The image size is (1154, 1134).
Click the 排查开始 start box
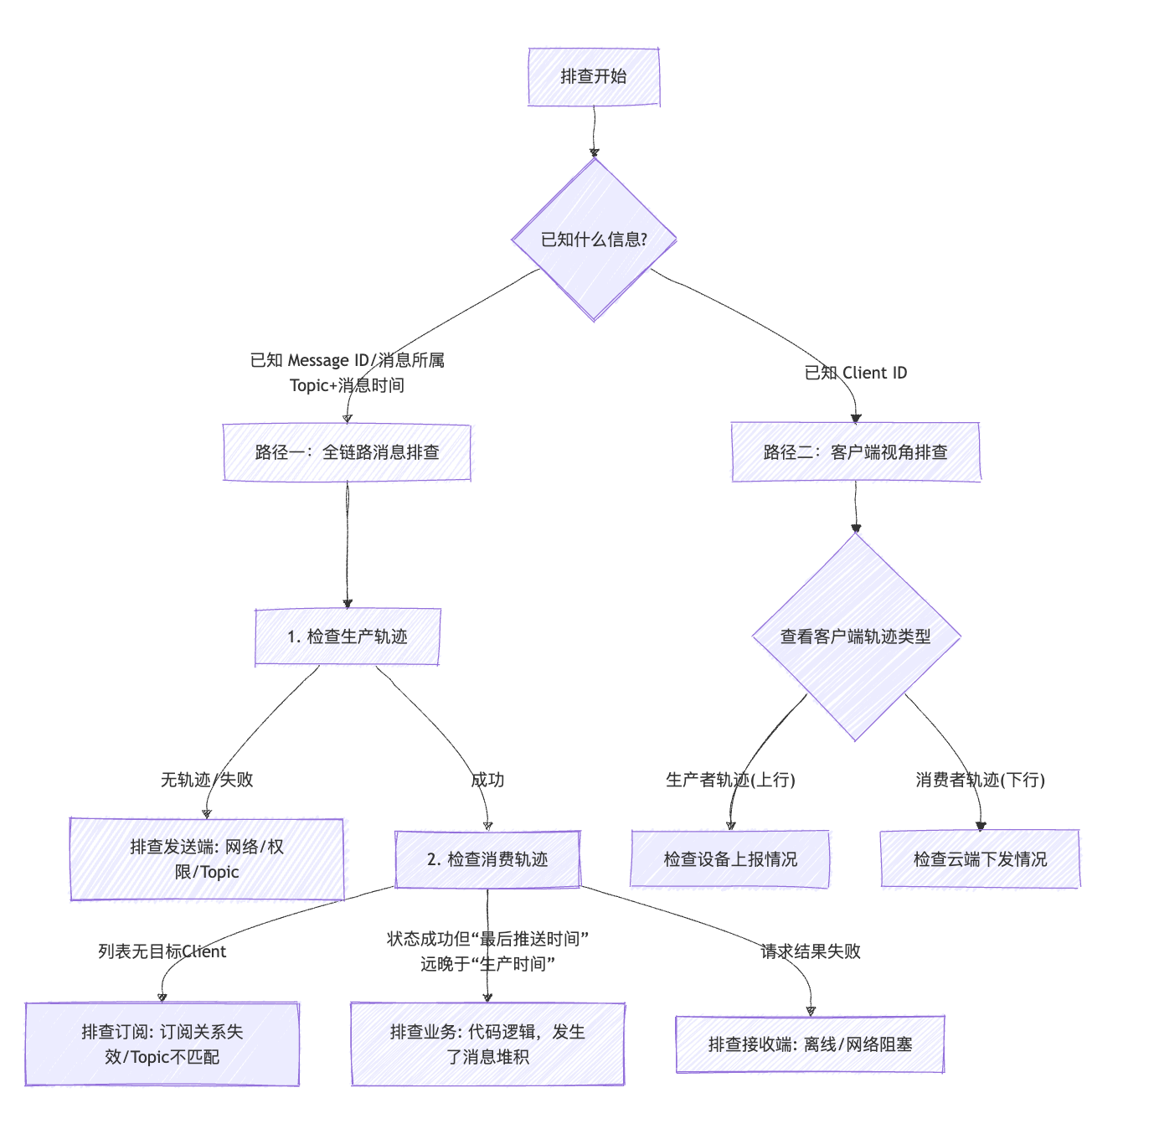(x=594, y=77)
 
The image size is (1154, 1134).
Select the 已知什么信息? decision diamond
(x=594, y=240)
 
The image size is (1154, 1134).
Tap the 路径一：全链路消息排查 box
(x=347, y=452)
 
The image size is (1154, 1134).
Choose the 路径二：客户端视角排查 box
(x=855, y=452)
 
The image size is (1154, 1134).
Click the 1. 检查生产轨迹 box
(x=347, y=637)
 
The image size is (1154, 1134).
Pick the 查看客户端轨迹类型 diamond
(x=855, y=637)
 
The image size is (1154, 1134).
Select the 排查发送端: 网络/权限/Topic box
(x=207, y=859)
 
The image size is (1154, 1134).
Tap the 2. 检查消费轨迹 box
(x=487, y=859)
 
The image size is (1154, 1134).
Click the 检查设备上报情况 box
(x=730, y=859)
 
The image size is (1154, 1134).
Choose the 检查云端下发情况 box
(x=980, y=859)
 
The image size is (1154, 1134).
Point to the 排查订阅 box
(x=162, y=1044)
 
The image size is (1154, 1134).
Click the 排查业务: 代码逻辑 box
(x=487, y=1044)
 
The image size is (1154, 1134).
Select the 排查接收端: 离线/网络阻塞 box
(x=810, y=1044)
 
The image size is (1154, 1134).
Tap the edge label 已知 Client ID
(x=855, y=373)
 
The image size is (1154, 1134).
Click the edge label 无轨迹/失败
(x=207, y=780)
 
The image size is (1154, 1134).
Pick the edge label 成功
(x=487, y=780)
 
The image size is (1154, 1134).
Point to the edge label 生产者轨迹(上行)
(x=730, y=780)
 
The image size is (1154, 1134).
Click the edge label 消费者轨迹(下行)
(x=980, y=780)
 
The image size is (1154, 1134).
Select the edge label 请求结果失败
(x=810, y=951)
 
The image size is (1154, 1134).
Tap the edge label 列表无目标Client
(x=162, y=951)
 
